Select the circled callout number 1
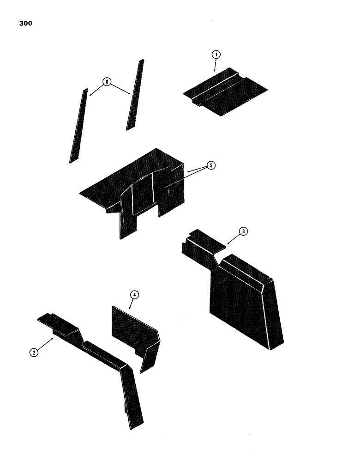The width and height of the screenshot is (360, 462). tap(216, 55)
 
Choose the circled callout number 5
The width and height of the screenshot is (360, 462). tap(210, 166)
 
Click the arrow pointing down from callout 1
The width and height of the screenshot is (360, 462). tap(215, 66)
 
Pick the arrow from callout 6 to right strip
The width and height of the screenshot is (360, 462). tap(121, 89)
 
